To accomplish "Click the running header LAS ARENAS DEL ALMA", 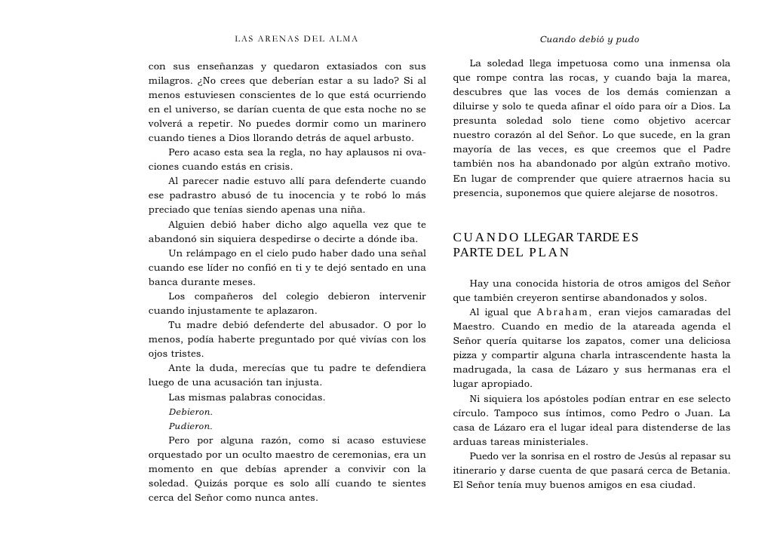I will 296,38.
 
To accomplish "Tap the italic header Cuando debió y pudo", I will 589,38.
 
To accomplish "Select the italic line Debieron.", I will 190,412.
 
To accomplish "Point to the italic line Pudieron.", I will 190,426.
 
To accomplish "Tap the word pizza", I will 468,355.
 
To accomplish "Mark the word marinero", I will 402,124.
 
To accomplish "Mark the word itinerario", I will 478,470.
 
